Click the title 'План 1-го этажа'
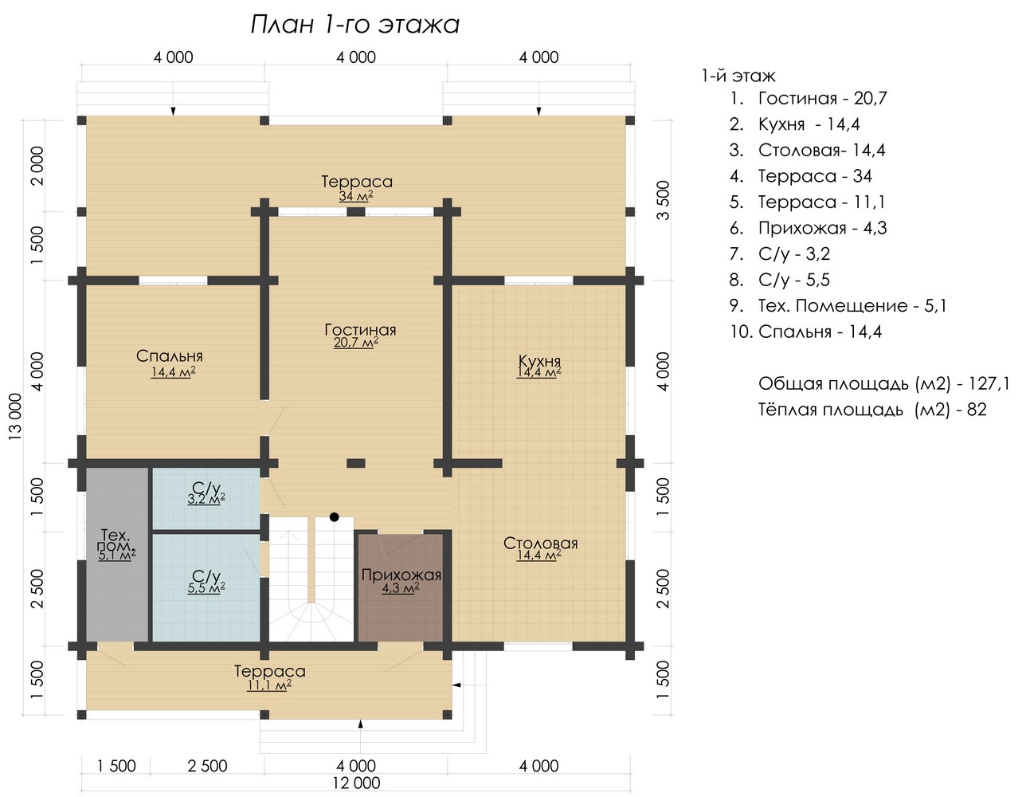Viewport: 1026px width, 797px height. tap(354, 25)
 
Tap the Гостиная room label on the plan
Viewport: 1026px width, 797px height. tap(360, 330)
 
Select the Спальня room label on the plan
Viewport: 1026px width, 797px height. tap(170, 355)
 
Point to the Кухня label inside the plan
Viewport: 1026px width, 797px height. tap(539, 361)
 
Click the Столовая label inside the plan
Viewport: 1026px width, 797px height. tap(540, 544)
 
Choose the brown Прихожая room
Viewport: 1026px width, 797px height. tap(401, 587)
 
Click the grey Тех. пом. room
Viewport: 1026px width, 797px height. tap(117, 555)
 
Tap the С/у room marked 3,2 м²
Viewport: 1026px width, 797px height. tap(206, 498)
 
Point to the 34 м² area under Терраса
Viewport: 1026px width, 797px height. tap(356, 195)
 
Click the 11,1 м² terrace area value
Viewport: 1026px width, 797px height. tap(269, 685)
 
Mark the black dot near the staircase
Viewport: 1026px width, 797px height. tap(335, 516)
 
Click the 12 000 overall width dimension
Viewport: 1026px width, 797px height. tap(356, 783)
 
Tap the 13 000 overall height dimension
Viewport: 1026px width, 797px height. tap(16, 416)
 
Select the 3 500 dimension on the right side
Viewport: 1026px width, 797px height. tap(664, 200)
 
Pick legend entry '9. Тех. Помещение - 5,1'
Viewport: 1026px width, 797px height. tap(838, 306)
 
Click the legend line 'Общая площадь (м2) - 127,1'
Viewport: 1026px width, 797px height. tap(884, 383)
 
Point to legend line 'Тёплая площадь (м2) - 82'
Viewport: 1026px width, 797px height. tap(872, 410)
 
